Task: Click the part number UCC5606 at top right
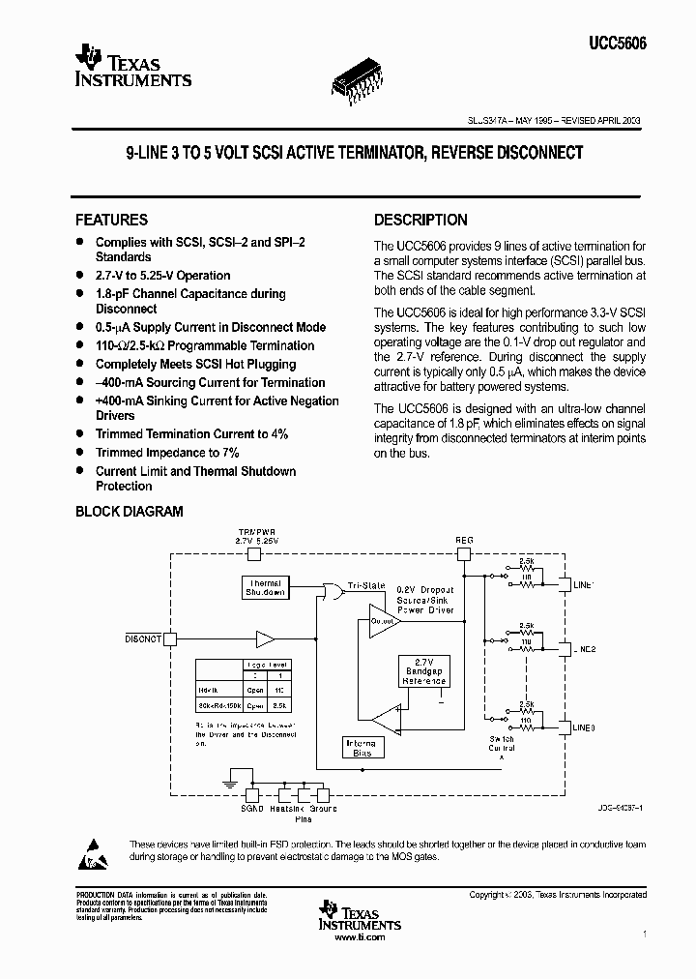tap(616, 44)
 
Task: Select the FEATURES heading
tap(111, 220)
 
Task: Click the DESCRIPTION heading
tap(420, 220)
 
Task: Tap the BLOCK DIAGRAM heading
tap(129, 512)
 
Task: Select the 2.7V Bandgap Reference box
tap(424, 669)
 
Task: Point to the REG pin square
tap(463, 554)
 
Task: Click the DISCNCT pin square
tap(171, 638)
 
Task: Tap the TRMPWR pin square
tap(255, 554)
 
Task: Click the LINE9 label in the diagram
tap(583, 727)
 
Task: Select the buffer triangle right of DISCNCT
tap(264, 638)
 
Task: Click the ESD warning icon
tap(97, 850)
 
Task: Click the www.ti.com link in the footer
tap(359, 937)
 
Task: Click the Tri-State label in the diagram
tap(365, 586)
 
